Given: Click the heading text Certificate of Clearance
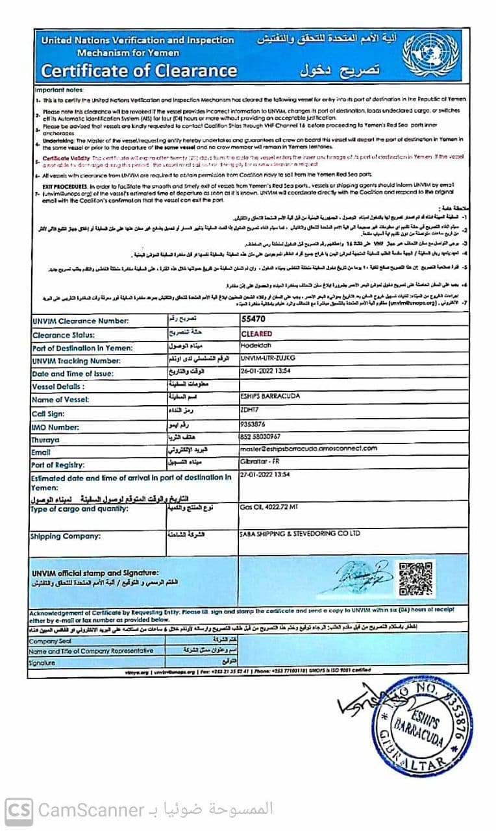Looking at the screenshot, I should click(x=139, y=70).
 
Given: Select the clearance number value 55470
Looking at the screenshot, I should click(x=253, y=320).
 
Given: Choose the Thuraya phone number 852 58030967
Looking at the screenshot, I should click(x=260, y=437).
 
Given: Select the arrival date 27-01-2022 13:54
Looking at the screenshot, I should click(x=265, y=475).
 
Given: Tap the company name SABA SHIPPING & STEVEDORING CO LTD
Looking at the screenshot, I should click(x=299, y=534).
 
